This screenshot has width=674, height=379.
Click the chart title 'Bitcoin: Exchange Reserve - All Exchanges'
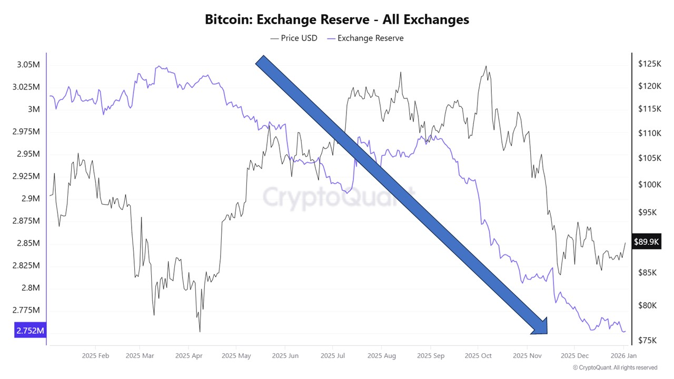click(337, 19)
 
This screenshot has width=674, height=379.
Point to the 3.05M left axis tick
click(27, 65)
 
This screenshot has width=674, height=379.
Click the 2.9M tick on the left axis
click(30, 198)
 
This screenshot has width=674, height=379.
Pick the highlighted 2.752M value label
click(30, 331)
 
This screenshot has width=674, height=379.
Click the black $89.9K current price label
click(647, 242)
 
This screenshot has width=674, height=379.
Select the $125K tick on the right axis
click(649, 64)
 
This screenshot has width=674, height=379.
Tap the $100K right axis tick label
click(649, 184)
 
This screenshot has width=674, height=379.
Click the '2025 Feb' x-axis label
click(95, 356)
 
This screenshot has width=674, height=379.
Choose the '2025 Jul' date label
click(333, 356)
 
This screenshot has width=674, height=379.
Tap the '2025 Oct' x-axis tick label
click(479, 356)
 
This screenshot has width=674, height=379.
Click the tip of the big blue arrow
click(547, 333)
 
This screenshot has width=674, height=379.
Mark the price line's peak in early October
click(486, 66)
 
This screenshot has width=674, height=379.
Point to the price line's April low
click(200, 332)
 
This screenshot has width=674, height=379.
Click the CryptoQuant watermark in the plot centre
click(339, 198)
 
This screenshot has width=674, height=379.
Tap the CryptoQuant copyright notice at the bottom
click(614, 367)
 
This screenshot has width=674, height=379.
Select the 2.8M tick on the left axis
click(30, 287)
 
